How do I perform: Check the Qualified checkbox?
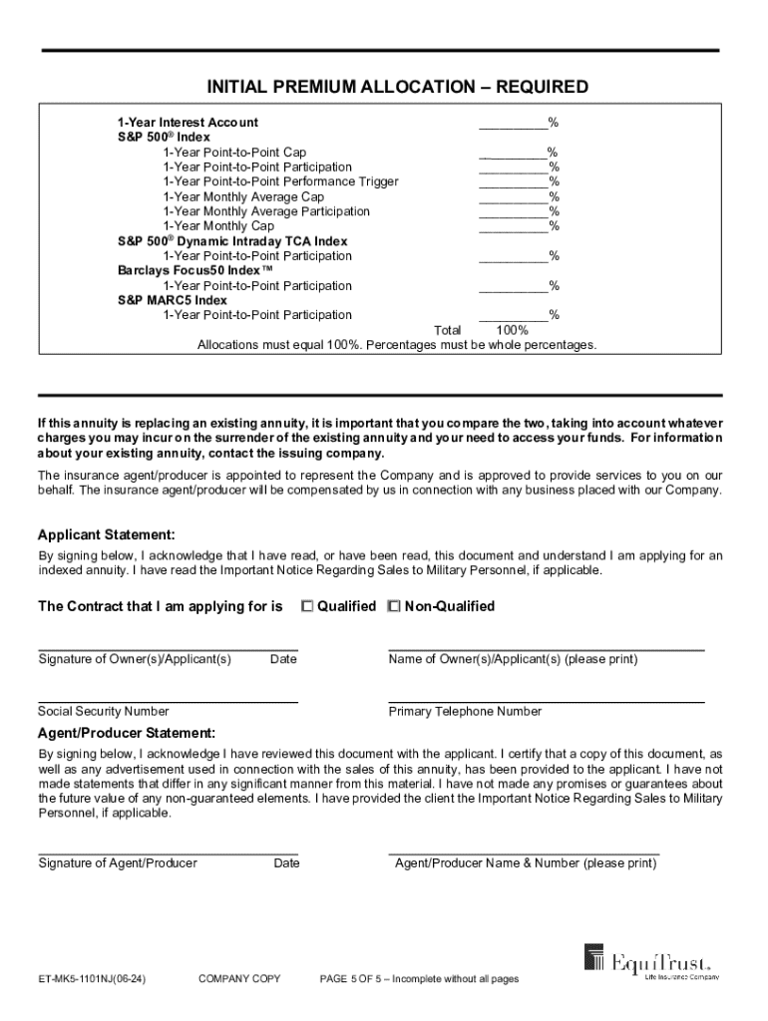tap(307, 606)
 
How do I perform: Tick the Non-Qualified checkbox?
tap(394, 606)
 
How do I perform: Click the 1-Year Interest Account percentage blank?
tap(513, 125)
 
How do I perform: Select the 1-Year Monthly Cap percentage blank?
tap(513, 228)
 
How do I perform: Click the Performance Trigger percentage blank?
tap(513, 183)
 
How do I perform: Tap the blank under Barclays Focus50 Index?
tap(513, 288)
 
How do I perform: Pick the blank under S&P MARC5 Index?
tap(513, 317)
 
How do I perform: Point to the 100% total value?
tap(512, 331)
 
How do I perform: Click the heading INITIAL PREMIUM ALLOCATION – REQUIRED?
tap(383, 88)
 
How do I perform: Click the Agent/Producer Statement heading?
tap(126, 734)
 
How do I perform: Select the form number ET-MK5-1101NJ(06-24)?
tap(92, 979)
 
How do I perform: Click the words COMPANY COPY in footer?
tap(239, 979)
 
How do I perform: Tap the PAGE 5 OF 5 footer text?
tap(419, 979)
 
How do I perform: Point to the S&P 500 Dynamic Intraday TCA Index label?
tap(232, 242)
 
